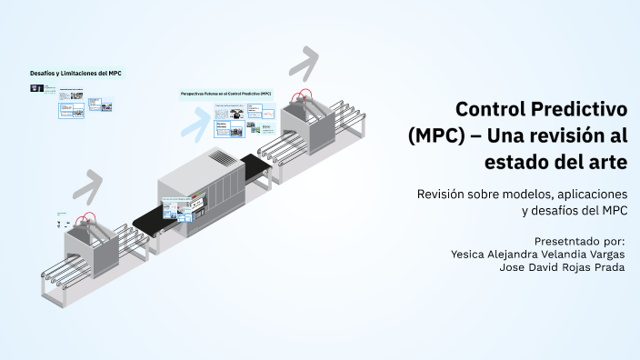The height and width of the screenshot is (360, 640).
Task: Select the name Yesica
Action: pos(472,254)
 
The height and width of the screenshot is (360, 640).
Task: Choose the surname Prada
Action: pos(606,267)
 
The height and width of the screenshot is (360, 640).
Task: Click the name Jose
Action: pos(504,267)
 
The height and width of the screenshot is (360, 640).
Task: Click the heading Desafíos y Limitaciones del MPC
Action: pos(76,73)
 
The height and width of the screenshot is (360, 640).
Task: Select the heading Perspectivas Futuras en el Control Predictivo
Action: pos(226,94)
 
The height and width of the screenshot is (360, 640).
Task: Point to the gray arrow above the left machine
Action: pos(87,186)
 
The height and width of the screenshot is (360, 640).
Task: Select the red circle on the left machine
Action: pos(87,220)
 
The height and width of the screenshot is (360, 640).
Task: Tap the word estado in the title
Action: pos(515,163)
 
